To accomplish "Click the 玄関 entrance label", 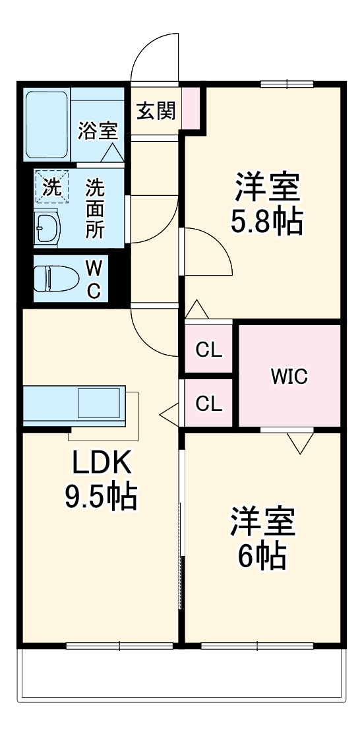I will [156, 111].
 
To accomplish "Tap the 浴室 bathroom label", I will [98, 130].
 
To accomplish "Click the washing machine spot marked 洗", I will [51, 187].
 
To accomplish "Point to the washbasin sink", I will [46, 228].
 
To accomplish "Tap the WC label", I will [94, 279].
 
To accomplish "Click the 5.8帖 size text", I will [266, 222].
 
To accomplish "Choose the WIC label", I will [289, 377].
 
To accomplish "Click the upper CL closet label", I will [208, 350].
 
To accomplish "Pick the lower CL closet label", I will [208, 404].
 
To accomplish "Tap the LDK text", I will [102, 464].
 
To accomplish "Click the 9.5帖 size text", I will [100, 496].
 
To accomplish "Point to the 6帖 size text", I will [262, 557].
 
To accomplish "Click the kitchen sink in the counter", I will [99, 402].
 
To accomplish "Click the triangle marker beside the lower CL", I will [169, 414].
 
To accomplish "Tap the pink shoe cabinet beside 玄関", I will [189, 107].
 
